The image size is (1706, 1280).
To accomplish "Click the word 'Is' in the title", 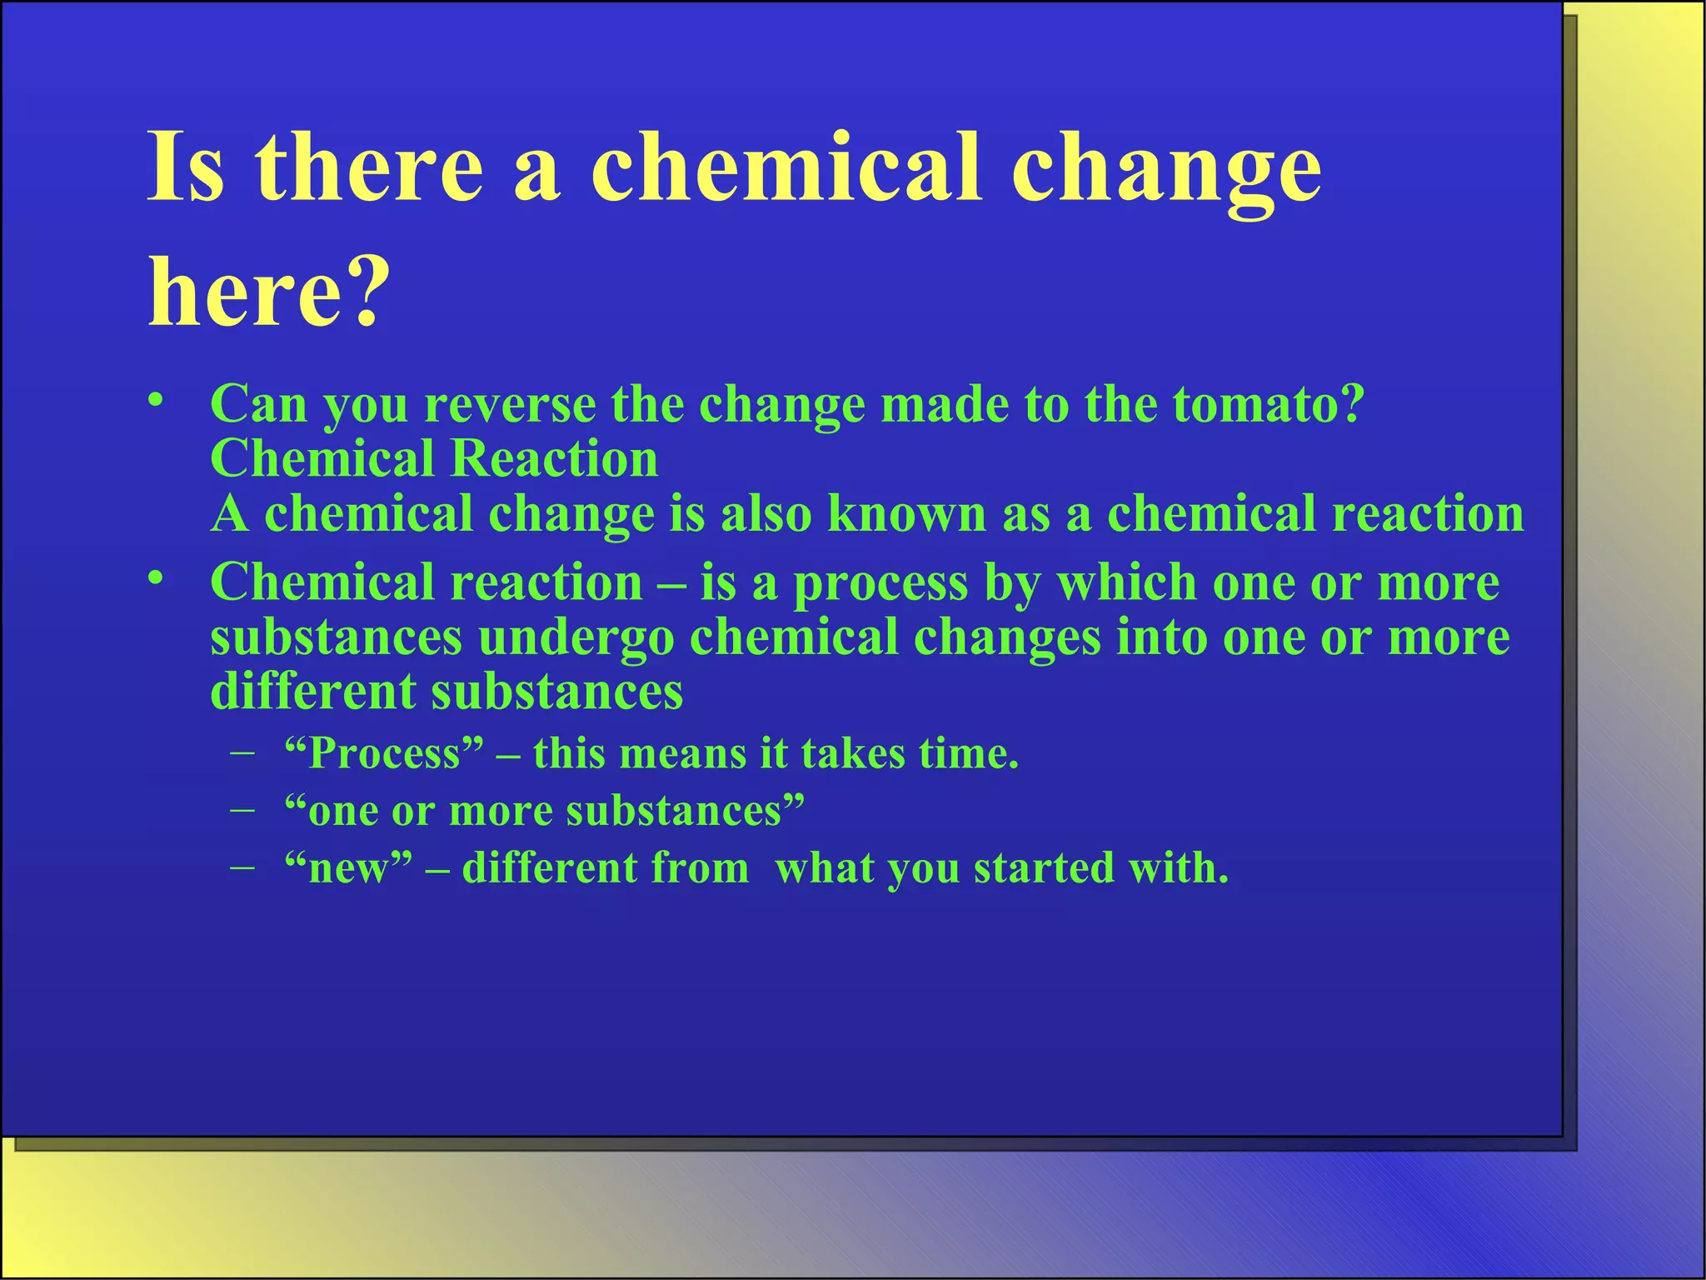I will [186, 169].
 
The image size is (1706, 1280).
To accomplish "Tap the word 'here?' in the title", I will [268, 294].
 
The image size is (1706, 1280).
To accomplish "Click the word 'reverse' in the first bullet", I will [510, 405].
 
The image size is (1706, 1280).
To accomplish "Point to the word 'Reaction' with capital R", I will [554, 459].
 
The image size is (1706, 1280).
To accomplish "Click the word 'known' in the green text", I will [906, 514].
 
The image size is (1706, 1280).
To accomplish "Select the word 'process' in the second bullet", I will [880, 583].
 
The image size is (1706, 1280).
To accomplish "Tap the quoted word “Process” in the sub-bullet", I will [384, 754].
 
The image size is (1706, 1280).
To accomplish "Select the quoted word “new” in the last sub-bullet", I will [348, 868].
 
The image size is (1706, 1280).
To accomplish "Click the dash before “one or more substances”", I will [242, 810].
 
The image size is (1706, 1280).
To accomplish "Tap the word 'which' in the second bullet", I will [1126, 583].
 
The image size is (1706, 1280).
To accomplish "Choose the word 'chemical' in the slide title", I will [787, 169].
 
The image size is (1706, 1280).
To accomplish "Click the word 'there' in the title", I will [369, 169].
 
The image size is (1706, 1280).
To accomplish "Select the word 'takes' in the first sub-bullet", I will [852, 754].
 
